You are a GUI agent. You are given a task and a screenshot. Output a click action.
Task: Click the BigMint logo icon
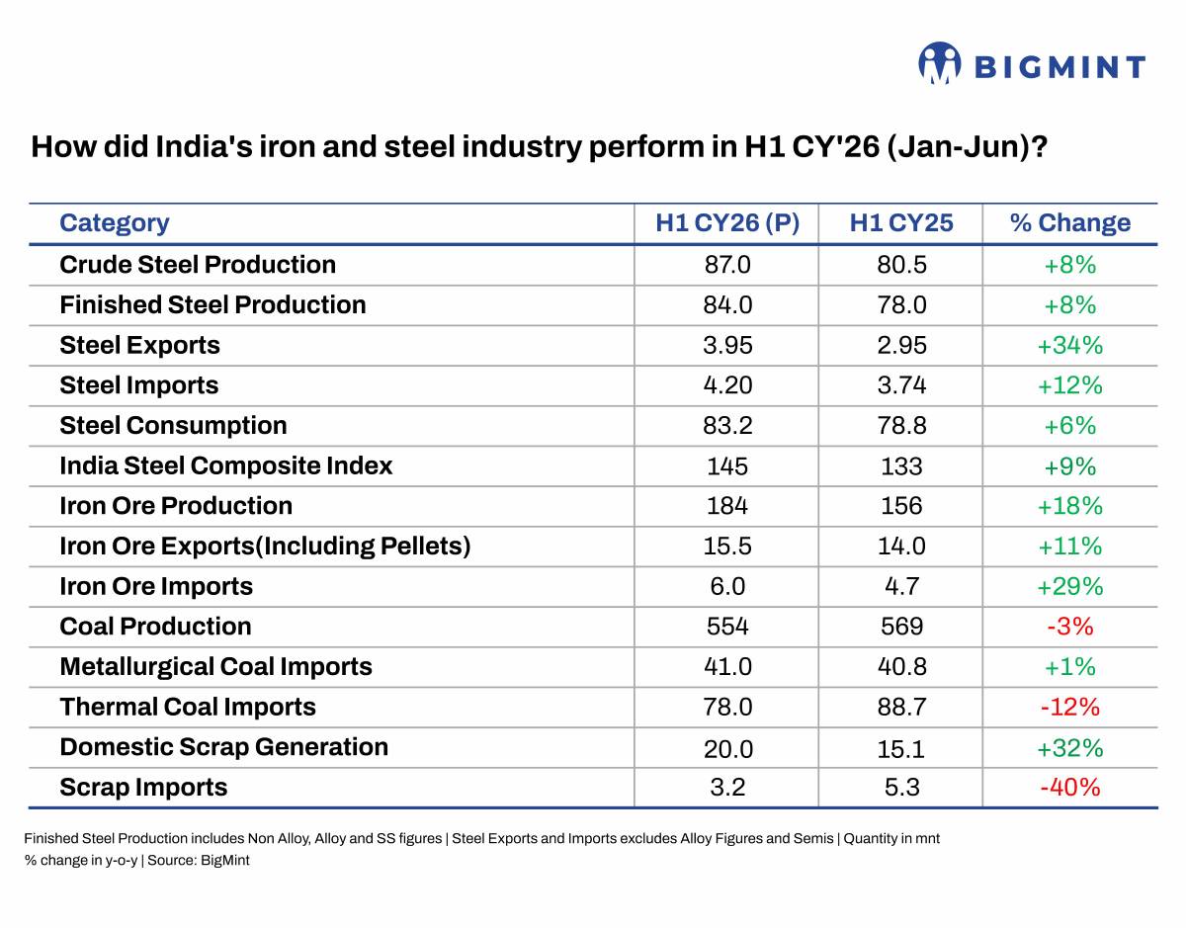click(x=939, y=63)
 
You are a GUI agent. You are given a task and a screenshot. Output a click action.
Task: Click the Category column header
click(x=114, y=223)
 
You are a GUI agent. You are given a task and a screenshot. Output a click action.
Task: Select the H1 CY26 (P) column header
click(x=727, y=222)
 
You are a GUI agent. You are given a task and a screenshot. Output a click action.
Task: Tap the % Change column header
click(x=1069, y=222)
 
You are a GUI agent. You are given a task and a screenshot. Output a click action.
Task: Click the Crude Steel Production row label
click(x=198, y=265)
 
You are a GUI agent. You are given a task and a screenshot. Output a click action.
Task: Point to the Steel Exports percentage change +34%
click(x=1069, y=345)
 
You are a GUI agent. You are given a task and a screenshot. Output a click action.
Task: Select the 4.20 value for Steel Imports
click(x=727, y=385)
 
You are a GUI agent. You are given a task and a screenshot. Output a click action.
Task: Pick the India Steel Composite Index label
click(x=226, y=465)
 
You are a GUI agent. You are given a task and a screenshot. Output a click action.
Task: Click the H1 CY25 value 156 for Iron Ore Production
click(x=901, y=506)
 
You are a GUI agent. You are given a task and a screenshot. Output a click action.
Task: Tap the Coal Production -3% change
click(x=1069, y=627)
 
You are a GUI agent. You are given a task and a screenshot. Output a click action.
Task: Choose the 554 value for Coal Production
click(x=727, y=627)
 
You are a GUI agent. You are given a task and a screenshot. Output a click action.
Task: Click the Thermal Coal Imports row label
click(x=188, y=707)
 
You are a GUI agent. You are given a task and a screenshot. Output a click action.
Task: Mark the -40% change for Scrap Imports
click(x=1069, y=788)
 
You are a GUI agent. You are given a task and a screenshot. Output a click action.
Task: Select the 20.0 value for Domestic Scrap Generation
click(x=728, y=749)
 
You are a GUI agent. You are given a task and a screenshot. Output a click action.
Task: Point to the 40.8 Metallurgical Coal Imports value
click(x=901, y=667)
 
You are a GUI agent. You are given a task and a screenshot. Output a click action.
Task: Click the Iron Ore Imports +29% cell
click(x=1069, y=586)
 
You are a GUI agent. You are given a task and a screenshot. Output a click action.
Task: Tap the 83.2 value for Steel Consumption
click(x=727, y=426)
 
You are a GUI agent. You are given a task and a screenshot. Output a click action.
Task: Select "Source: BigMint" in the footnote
click(x=198, y=861)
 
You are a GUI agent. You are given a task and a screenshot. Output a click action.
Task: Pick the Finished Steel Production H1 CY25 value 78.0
click(x=901, y=305)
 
